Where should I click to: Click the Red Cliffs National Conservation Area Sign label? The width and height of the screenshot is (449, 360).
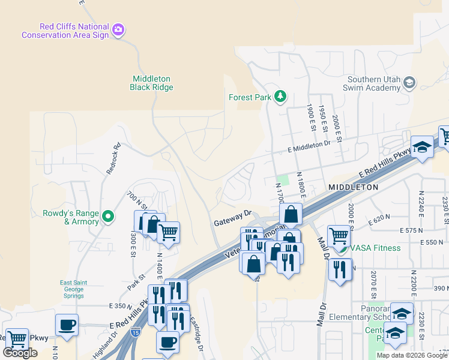pos(65,31)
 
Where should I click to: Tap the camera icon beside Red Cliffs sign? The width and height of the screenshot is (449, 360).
pos(118,29)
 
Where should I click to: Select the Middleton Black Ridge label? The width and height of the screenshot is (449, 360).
pos(151,83)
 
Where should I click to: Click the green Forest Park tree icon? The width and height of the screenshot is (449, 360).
pos(280,96)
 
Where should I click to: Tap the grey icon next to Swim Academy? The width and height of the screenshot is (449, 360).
pos(409,83)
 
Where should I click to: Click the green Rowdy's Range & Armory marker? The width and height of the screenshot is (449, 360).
pos(108,215)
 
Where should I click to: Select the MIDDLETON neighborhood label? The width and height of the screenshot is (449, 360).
pos(354,187)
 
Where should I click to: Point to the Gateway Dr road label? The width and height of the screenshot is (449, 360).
pos(232,221)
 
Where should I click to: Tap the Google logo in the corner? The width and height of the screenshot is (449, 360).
pos(20,353)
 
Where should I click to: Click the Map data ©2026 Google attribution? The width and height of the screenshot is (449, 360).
pos(411,355)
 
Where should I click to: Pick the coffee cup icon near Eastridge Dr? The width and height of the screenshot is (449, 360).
pos(167,341)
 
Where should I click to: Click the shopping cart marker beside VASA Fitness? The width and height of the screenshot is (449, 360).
pos(339,236)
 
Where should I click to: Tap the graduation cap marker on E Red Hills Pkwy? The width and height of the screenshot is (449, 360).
pos(422,148)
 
